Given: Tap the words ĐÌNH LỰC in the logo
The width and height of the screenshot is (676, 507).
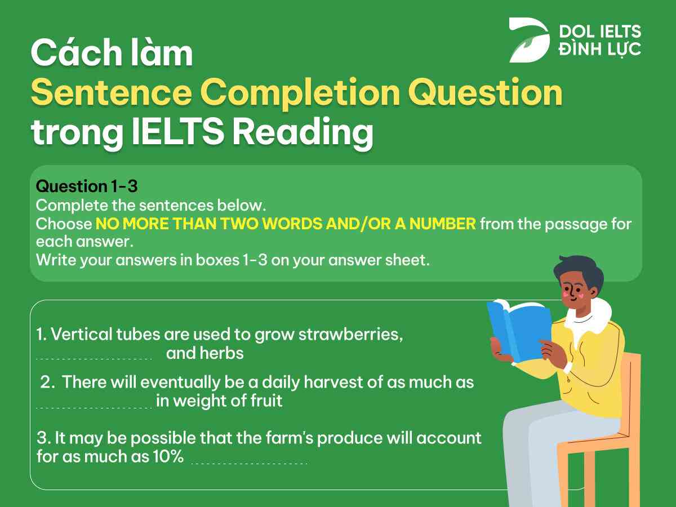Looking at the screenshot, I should [x=599, y=49].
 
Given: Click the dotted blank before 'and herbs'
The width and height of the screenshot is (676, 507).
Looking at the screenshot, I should [x=94, y=357].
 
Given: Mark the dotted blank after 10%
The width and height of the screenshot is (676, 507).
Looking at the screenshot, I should [x=250, y=462].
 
